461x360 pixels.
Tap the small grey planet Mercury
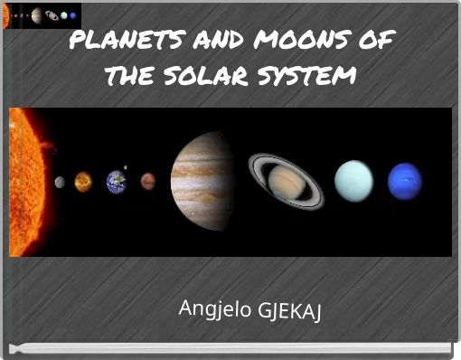tap(60, 182)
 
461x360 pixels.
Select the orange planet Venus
tap(83, 182)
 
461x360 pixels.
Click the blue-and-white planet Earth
tap(116, 182)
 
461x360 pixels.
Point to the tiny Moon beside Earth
tap(126, 168)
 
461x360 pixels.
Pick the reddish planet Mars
tap(147, 182)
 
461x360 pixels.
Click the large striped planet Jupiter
tap(202, 181)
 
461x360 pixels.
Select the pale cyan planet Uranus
tap(353, 181)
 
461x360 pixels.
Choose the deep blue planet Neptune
tap(404, 181)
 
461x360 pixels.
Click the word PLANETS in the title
tap(125, 41)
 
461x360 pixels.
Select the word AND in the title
tap(217, 41)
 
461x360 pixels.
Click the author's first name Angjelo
tap(216, 310)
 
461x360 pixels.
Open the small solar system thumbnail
tap(42, 15)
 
